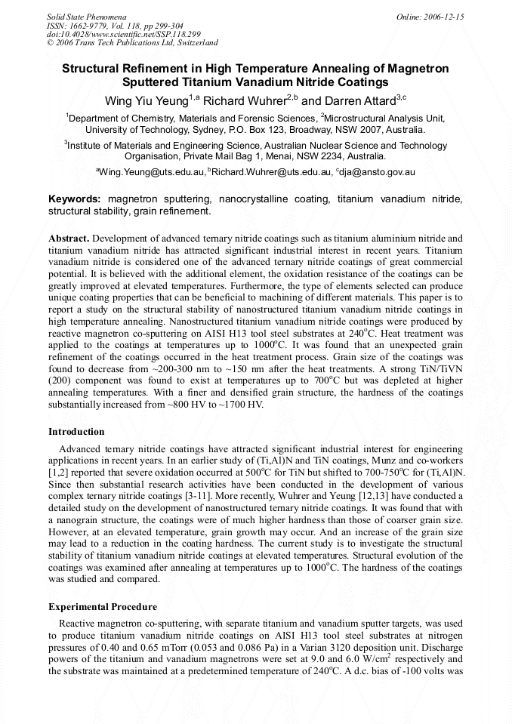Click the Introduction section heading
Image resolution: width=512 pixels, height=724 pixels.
[x=76, y=432]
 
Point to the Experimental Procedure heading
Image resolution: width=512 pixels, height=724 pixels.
[x=103, y=606]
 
